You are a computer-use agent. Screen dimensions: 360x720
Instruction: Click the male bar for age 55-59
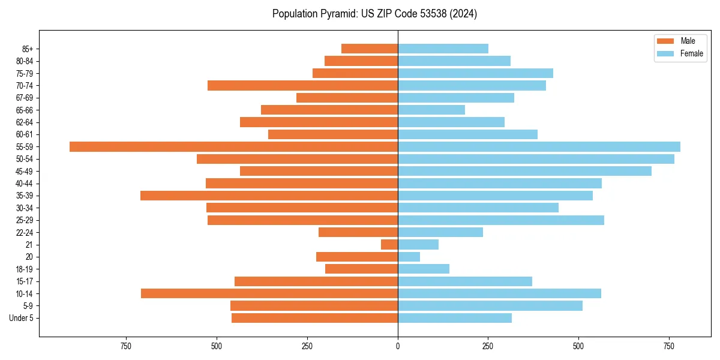tap(233, 146)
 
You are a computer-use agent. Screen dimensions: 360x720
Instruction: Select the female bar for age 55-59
tap(539, 146)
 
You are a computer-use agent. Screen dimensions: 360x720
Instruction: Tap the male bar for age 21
tap(389, 244)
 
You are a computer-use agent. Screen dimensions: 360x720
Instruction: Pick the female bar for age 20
tap(409, 257)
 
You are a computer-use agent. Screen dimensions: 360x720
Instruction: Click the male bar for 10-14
tap(269, 293)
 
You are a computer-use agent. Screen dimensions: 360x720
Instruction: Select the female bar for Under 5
tap(455, 318)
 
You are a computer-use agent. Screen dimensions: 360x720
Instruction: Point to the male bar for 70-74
tap(302, 85)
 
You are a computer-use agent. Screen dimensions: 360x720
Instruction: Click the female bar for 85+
tap(443, 49)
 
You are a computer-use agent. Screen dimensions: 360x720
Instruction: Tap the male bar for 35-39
tap(269, 196)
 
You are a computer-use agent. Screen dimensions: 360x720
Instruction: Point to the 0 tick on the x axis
tap(398, 346)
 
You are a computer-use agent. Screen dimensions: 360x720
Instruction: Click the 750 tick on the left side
tap(125, 346)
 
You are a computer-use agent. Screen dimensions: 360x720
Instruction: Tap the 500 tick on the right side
tap(578, 346)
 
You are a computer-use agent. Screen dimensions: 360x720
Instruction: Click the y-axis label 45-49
tap(24, 171)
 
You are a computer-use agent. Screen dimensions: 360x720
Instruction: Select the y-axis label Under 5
tap(21, 318)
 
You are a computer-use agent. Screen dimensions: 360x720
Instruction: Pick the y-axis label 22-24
tap(24, 232)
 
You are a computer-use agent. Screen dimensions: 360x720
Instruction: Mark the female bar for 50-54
tap(536, 159)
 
